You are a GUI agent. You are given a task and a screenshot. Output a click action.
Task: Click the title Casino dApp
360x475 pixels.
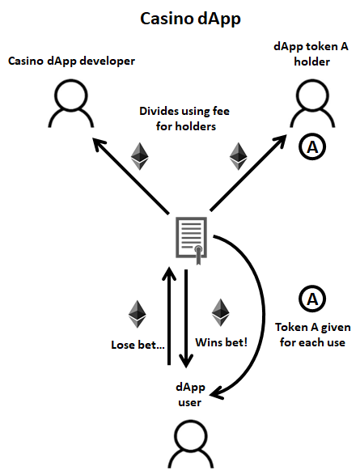click(190, 19)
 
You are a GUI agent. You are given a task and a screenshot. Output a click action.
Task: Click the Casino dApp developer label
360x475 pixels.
click(71, 61)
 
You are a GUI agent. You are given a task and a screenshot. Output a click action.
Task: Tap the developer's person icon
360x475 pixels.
click(71, 104)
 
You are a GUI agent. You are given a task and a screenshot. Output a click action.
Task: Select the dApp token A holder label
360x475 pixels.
click(311, 54)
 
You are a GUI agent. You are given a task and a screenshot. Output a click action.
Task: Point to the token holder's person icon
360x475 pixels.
click(312, 104)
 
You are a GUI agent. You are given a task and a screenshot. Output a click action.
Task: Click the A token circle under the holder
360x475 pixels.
click(312, 147)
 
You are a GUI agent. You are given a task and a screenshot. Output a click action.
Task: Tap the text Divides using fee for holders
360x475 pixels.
click(184, 118)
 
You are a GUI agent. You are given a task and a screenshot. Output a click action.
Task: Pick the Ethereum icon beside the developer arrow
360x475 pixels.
click(140, 156)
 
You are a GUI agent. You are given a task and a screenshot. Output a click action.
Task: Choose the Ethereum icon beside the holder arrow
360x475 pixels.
click(239, 156)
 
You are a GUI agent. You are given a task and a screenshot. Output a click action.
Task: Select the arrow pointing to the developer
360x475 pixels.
click(130, 176)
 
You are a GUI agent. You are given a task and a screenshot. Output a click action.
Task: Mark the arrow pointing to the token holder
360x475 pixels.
click(248, 172)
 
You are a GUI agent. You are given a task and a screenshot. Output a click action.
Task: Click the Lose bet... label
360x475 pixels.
click(138, 345)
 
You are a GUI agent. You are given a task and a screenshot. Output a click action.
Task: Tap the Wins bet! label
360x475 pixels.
click(222, 342)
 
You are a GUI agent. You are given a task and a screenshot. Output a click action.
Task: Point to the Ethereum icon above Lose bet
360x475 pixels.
click(138, 314)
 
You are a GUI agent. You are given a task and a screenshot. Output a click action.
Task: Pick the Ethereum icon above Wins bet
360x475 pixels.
click(220, 313)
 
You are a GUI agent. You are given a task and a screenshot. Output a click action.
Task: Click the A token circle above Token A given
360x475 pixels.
click(312, 299)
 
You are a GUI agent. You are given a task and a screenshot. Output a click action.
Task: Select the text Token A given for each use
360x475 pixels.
click(313, 335)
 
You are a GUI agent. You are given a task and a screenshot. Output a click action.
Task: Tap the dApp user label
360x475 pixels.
click(190, 395)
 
